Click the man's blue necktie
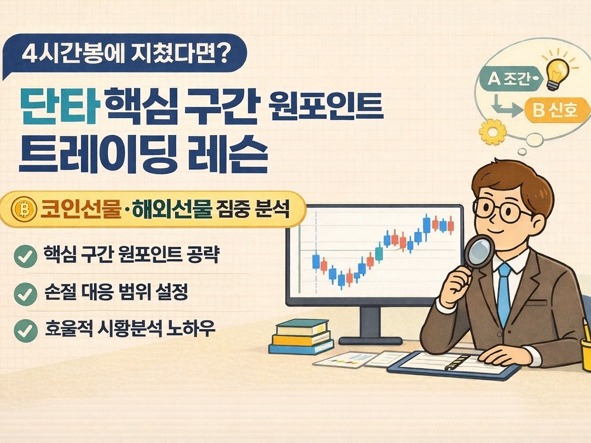504,294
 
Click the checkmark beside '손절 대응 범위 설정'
25,294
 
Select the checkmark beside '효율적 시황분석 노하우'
25,330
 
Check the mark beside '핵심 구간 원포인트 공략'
25,256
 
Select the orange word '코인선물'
81,210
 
